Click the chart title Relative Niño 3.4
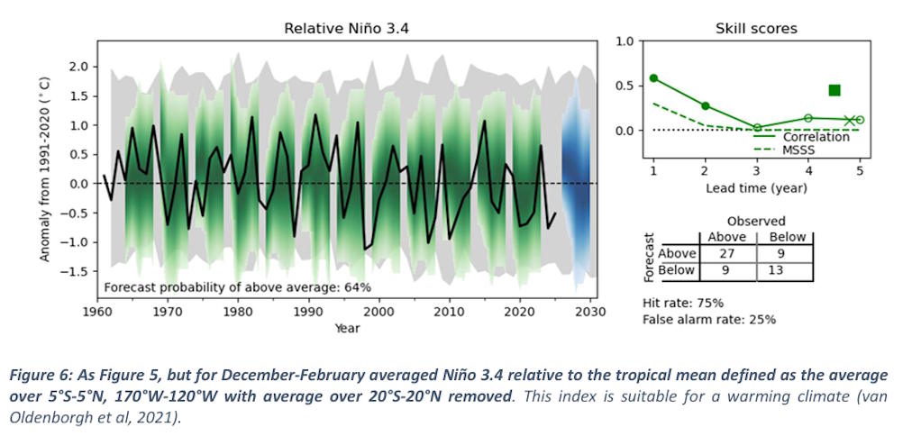point(347,28)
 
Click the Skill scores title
point(756,28)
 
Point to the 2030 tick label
point(594,312)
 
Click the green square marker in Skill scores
point(834,90)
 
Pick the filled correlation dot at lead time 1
point(653,78)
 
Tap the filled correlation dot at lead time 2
point(706,105)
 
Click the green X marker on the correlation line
point(849,121)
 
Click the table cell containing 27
point(727,254)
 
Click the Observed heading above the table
point(756,222)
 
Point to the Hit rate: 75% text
point(683,304)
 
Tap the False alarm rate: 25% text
point(709,320)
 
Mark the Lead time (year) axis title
point(757,188)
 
